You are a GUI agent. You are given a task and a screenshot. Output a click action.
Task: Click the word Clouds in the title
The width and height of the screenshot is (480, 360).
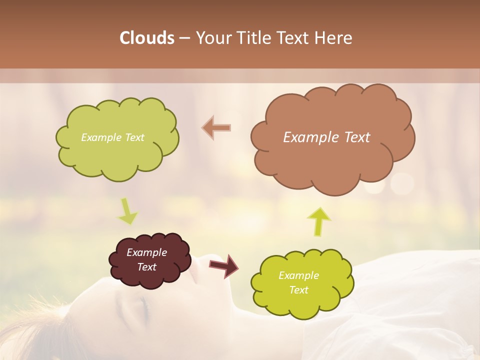tap(147, 38)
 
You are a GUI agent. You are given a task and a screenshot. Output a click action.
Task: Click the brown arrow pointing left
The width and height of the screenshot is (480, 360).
tap(217, 127)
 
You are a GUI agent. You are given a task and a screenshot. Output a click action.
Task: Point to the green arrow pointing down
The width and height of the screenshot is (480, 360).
tap(127, 211)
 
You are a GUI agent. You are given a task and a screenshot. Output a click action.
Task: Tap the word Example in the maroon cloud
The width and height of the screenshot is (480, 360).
tap(146, 252)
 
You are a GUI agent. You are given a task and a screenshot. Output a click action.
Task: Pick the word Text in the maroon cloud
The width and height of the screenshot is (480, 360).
tap(146, 267)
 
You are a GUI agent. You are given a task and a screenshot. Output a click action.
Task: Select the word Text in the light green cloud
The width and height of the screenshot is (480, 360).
tap(133, 137)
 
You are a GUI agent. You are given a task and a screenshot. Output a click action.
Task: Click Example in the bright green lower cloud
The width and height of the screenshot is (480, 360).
tap(298, 275)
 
